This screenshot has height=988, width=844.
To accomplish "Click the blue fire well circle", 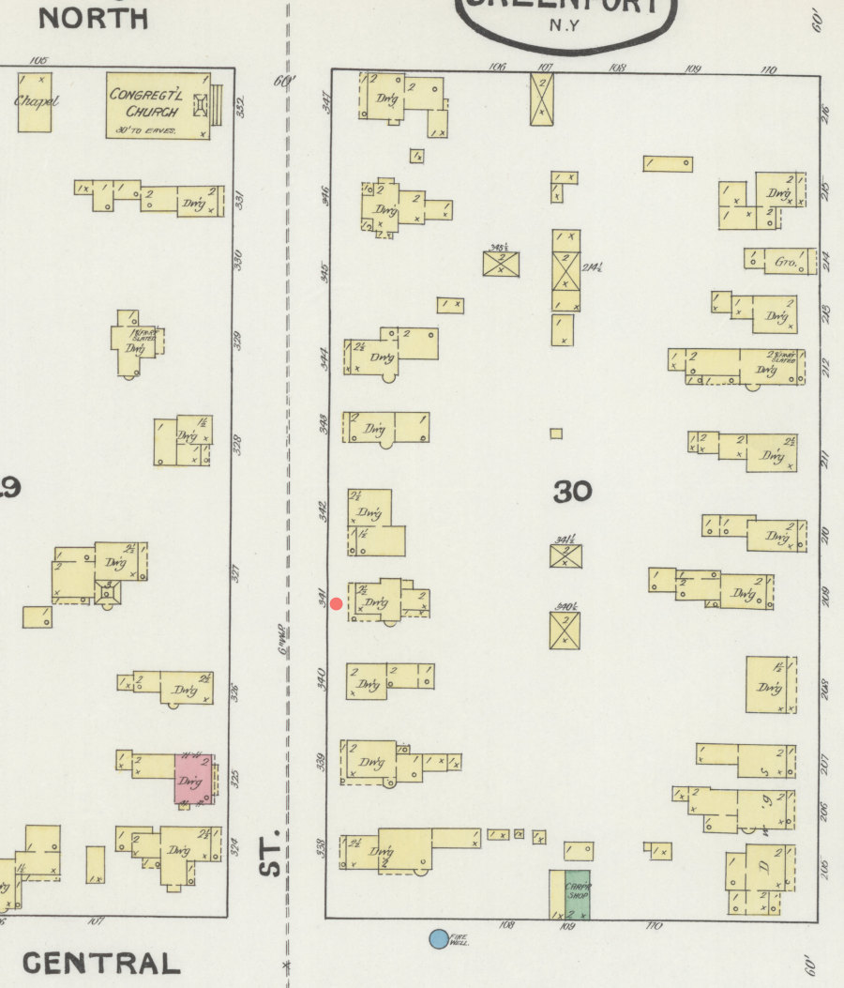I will (438, 938).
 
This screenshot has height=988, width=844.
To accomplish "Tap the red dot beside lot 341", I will (336, 603).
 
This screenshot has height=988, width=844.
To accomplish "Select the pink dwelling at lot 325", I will (194, 779).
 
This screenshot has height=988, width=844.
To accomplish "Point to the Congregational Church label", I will (145, 103).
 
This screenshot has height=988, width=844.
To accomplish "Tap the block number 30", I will (572, 491).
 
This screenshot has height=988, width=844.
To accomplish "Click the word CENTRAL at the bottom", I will (101, 963).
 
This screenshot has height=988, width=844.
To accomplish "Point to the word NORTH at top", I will (93, 18).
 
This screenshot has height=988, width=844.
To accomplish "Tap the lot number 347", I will (326, 102).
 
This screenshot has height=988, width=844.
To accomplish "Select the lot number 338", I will (321, 849).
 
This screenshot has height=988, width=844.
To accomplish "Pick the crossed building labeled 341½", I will (565, 555).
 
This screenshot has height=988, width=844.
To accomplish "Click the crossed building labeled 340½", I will (565, 631).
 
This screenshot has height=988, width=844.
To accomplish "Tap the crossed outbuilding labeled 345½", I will (502, 263).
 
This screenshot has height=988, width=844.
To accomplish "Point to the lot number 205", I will (825, 865).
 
